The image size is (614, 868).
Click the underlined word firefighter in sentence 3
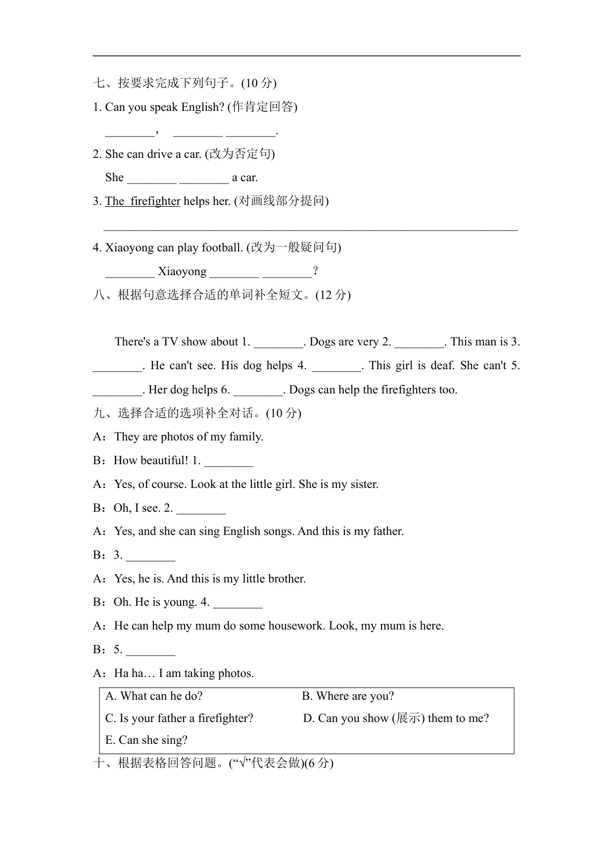155,201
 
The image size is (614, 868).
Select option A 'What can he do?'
154,696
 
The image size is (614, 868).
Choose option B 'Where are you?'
348,696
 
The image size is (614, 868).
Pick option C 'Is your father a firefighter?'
179,718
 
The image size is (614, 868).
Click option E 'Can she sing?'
146,740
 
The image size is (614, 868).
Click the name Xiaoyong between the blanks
182,272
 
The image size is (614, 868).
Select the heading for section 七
185,83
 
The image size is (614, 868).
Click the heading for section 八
222,295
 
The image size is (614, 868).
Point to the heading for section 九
197,413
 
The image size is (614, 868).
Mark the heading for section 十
213,763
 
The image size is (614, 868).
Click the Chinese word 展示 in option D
408,718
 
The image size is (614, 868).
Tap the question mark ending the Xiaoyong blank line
316,272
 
